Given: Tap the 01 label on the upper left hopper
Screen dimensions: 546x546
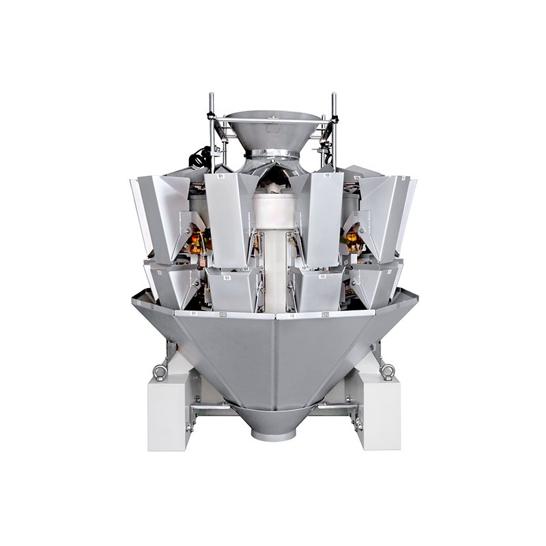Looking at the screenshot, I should pyautogui.click(x=220, y=175).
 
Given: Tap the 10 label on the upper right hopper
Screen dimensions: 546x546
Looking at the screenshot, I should pyautogui.click(x=328, y=175).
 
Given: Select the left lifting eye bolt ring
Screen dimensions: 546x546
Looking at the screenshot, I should pyautogui.click(x=158, y=372).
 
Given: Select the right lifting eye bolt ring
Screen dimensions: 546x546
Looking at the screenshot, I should pyautogui.click(x=388, y=372).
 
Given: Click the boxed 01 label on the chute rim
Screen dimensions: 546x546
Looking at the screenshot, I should pyautogui.click(x=222, y=315).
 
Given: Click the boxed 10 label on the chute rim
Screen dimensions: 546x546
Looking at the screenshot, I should pyautogui.click(x=324, y=315).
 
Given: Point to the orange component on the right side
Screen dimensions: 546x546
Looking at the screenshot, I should pyautogui.click(x=352, y=240).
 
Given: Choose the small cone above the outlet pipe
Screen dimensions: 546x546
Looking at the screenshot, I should pyautogui.click(x=273, y=413).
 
